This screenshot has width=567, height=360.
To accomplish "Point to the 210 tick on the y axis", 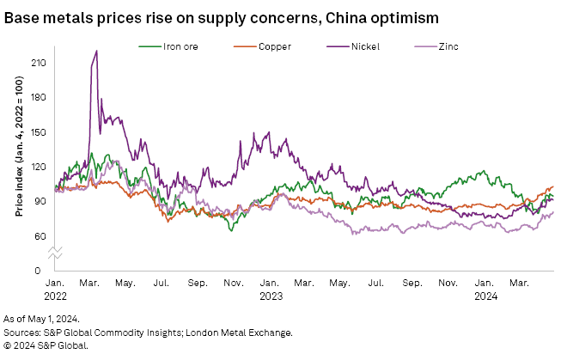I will pyautogui.click(x=39, y=64).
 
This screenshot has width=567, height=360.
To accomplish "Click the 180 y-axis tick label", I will pyautogui.click(x=39, y=98).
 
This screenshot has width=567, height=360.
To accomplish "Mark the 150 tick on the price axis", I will pyautogui.click(x=39, y=132).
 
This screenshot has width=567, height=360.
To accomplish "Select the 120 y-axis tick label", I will pyautogui.click(x=39, y=167).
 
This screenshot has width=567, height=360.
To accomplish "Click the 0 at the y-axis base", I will pyautogui.click(x=44, y=271).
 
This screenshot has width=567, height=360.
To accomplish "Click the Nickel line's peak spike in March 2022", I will pyautogui.click(x=96, y=51).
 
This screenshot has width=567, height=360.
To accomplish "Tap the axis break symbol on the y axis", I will pyautogui.click(x=53, y=253).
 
